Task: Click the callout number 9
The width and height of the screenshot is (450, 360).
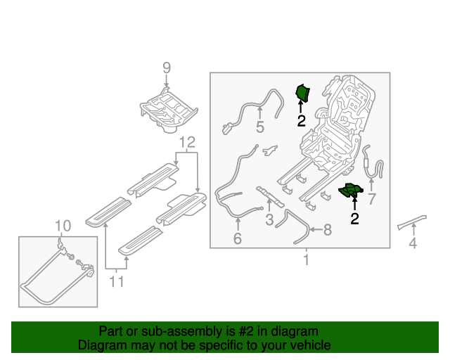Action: pos(167,67)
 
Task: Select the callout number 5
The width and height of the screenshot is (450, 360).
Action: pos(259,127)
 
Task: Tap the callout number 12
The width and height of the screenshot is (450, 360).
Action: pos(186,143)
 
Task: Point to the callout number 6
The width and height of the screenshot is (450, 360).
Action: pos(238,239)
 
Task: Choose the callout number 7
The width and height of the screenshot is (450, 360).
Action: pos(372,199)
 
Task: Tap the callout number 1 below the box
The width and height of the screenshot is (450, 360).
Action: pos(306,261)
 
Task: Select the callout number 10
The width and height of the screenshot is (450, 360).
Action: pos(63,226)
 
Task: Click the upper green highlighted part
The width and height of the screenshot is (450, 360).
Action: pos(303,93)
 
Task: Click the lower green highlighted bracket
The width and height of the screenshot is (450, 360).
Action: pos(351,191)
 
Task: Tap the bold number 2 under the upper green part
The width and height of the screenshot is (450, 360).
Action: pos(301,120)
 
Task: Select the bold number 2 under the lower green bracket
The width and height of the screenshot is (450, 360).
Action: pos(354,219)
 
